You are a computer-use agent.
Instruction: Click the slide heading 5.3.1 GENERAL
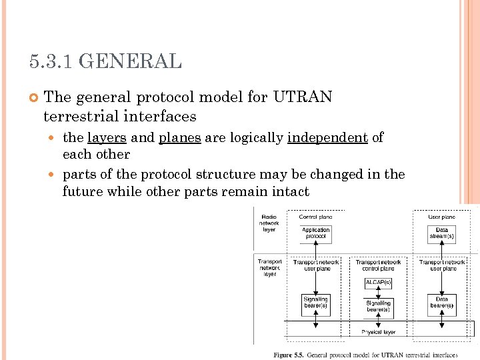tap(105, 62)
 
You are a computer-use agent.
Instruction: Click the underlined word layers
tap(107, 138)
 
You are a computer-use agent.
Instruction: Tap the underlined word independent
tap(327, 138)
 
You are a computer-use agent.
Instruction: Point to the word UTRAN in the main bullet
tap(302, 97)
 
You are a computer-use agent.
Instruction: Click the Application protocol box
tap(316, 233)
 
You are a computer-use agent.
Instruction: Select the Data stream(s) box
tap(441, 233)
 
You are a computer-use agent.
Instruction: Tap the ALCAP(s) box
tap(378, 283)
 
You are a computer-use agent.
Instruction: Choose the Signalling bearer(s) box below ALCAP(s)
tap(378, 307)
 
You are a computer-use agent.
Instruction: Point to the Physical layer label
tap(378, 332)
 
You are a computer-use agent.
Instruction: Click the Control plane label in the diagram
tap(316, 217)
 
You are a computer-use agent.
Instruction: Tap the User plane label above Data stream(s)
tap(441, 217)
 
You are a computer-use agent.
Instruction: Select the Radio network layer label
tap(269, 223)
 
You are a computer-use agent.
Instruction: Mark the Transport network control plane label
tap(378, 265)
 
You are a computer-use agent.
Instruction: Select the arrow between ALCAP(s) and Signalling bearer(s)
tap(378, 293)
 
